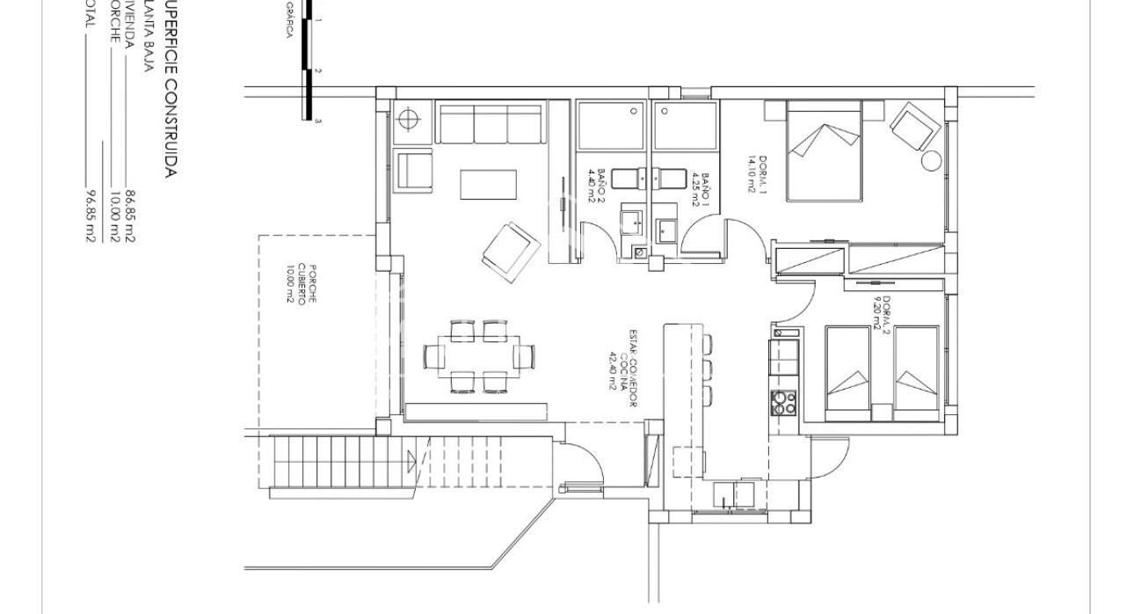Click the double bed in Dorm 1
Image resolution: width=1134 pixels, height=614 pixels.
(822, 150)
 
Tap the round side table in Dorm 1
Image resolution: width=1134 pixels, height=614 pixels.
(930, 162)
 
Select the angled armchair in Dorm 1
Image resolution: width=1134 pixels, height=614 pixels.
(912, 126)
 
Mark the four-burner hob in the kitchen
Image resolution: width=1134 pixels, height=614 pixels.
(782, 402)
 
